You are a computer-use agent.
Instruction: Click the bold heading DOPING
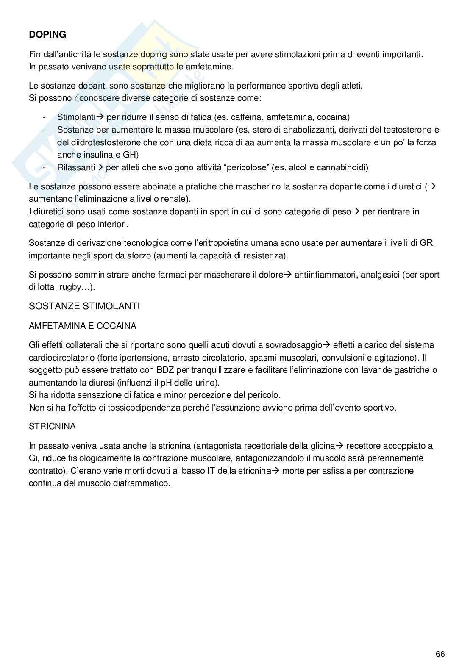coord(47,35)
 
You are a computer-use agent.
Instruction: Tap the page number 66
coord(440,654)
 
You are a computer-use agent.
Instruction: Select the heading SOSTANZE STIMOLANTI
coord(84,306)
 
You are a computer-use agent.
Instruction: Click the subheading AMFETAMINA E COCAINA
coord(83,326)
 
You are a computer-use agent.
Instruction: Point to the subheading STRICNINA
coord(52,426)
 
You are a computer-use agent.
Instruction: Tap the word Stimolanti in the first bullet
coord(77,117)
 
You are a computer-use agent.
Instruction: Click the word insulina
coord(95,155)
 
